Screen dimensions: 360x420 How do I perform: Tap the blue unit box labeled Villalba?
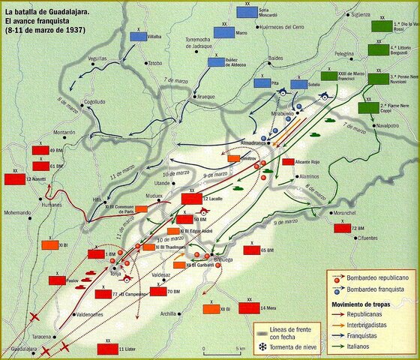click(x=139, y=35)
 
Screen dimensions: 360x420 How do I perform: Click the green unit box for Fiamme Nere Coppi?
click(x=368, y=107)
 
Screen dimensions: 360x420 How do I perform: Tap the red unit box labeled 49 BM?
click(x=40, y=151)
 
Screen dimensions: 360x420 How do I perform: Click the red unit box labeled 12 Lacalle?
click(x=192, y=199)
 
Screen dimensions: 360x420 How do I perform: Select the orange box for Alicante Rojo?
click(x=287, y=162)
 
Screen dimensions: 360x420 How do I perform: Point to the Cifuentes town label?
click(x=349, y=235)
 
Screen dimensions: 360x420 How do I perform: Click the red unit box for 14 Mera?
click(x=250, y=308)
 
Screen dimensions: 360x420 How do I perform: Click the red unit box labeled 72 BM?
click(x=340, y=227)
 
